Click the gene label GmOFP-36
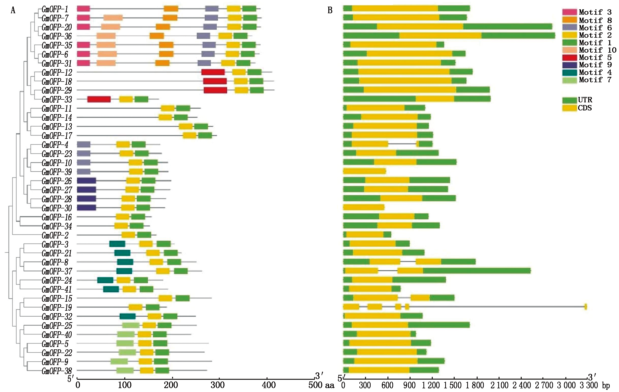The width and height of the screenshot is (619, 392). coord(56,36)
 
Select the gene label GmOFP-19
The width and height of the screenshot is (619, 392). coord(56,307)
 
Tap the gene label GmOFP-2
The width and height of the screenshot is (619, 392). coord(55,235)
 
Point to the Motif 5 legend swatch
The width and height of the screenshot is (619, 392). coord(569,57)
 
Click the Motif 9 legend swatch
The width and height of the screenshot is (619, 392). coord(569,65)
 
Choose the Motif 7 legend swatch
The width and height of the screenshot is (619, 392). coord(569,80)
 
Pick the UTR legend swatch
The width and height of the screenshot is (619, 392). coord(569,100)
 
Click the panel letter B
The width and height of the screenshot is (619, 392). coord(330,10)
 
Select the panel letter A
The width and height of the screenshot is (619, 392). coord(13,10)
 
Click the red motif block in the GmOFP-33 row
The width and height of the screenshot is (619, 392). coord(99,99)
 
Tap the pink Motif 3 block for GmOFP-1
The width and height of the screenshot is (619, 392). coord(83,9)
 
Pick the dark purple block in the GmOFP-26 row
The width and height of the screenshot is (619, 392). coord(86,181)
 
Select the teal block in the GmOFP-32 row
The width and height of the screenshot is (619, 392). coord(128,316)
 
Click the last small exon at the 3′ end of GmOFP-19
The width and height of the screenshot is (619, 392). coord(586,307)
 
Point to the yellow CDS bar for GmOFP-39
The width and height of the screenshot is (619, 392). coord(364,171)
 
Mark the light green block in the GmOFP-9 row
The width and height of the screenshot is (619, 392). coord(119,361)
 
